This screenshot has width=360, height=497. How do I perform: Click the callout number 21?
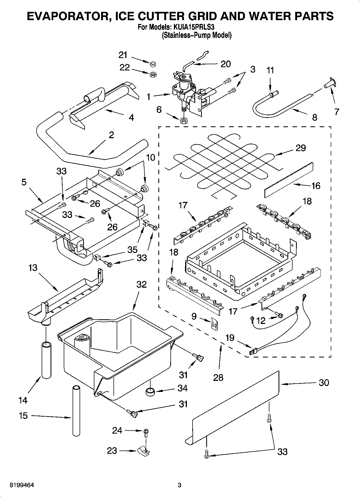[123, 55]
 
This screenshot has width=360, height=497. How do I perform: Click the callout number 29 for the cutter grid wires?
[301, 148]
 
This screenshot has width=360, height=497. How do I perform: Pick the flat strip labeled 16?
[289, 180]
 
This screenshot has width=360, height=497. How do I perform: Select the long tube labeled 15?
[77, 410]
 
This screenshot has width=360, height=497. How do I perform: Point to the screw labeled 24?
[146, 431]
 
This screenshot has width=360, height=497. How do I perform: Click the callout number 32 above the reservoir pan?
[141, 284]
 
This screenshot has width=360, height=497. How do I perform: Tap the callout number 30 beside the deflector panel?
[324, 382]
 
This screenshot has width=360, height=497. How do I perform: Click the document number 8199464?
[22, 485]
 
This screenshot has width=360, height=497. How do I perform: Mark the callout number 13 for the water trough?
[33, 268]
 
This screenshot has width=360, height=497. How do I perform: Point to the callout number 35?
[132, 250]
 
